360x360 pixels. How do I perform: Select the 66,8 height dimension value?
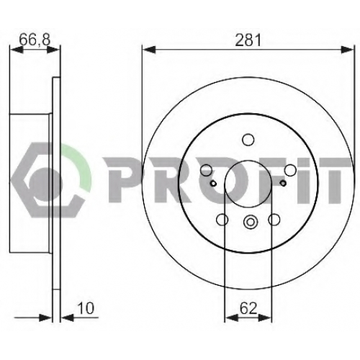[35, 40]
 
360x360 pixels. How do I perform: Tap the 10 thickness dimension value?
[86, 308]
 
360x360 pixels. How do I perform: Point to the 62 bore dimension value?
[248, 308]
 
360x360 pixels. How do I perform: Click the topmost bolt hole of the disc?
[248, 140]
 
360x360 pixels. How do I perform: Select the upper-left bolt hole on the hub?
[206, 170]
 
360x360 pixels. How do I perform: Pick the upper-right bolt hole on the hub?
[290, 170]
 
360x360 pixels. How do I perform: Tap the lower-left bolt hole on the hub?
[222, 220]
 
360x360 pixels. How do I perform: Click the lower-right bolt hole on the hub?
[274, 220]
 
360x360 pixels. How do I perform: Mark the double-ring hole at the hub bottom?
[250, 222]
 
